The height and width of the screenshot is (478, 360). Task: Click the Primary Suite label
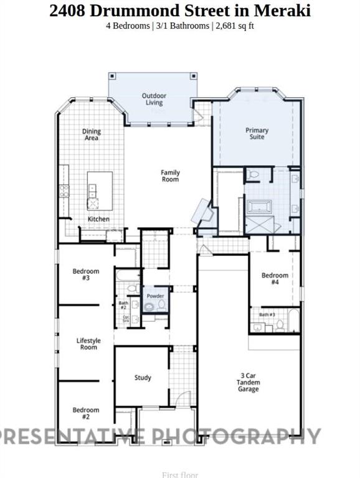(257, 133)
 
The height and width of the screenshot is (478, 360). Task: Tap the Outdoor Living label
(154, 99)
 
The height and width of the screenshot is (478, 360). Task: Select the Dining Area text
(92, 134)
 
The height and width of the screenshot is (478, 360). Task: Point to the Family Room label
(170, 176)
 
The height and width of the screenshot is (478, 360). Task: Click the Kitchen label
(98, 219)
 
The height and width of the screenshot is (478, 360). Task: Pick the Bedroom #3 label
(85, 274)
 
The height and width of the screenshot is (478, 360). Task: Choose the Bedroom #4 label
(275, 278)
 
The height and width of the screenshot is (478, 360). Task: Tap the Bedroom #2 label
(85, 413)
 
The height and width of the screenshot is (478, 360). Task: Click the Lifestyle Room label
(88, 344)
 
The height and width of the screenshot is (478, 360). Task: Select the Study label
(143, 378)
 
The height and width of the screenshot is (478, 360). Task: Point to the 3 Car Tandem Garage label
(249, 382)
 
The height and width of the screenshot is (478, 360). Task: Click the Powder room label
(155, 296)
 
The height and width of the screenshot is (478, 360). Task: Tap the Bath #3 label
(267, 315)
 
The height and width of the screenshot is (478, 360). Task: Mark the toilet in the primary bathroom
(252, 176)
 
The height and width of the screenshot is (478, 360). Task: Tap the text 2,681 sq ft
(234, 26)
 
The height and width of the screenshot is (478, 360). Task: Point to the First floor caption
(179, 474)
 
